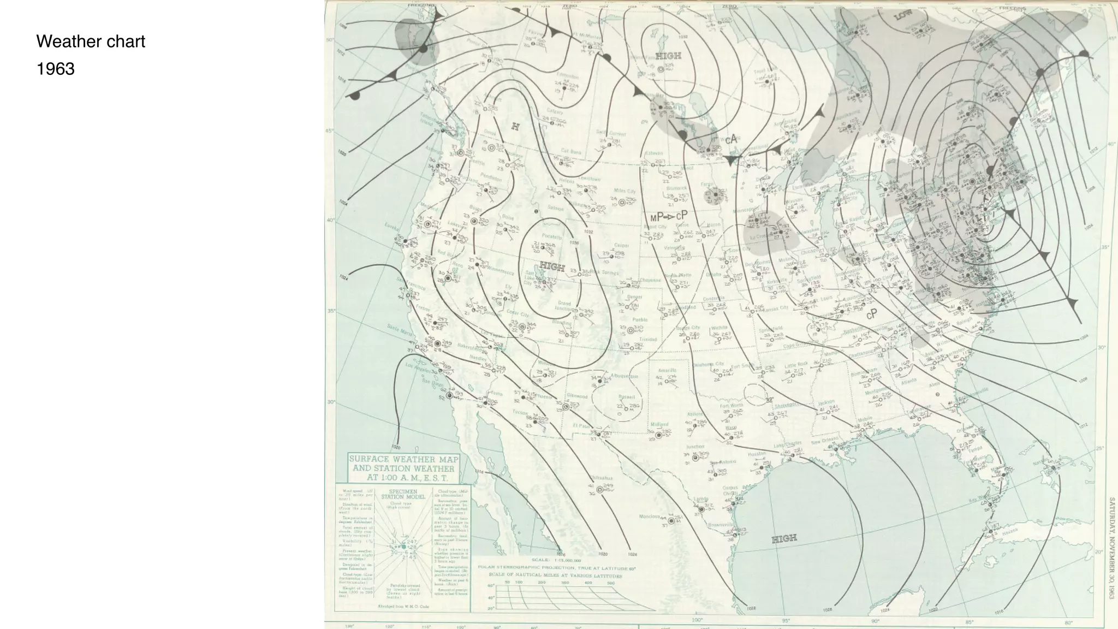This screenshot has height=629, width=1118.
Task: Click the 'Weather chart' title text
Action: point(91,41)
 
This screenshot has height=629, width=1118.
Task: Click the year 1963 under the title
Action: point(55,69)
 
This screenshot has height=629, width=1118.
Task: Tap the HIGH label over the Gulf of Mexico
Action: point(784,539)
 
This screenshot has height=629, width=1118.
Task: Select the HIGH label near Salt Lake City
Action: point(552,267)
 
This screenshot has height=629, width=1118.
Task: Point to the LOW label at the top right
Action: point(903,15)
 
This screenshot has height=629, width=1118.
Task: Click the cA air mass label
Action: point(731,139)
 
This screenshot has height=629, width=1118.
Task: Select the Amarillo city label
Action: point(667,370)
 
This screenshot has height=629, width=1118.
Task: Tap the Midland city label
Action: point(659,424)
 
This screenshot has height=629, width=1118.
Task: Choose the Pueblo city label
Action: point(640,319)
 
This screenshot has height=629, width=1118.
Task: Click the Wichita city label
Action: point(719,328)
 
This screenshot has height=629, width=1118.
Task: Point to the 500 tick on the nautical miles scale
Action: point(611,583)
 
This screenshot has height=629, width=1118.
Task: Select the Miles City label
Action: point(625,191)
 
